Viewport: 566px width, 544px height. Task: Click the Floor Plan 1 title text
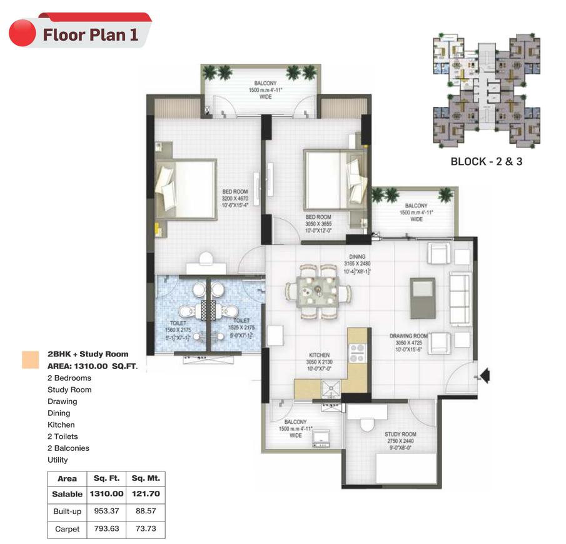pos(90,34)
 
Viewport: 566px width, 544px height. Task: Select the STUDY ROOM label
pos(400,434)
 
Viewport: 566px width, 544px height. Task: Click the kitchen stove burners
pos(357,353)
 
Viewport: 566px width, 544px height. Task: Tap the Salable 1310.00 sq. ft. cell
pos(106,494)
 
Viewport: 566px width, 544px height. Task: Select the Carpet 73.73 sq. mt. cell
pos(146,528)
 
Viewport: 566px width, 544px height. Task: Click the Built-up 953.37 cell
pos(106,511)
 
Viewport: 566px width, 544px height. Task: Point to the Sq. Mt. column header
pos(146,478)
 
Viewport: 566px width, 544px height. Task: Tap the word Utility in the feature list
pos(58,460)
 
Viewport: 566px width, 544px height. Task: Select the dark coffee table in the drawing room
pos(422,298)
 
